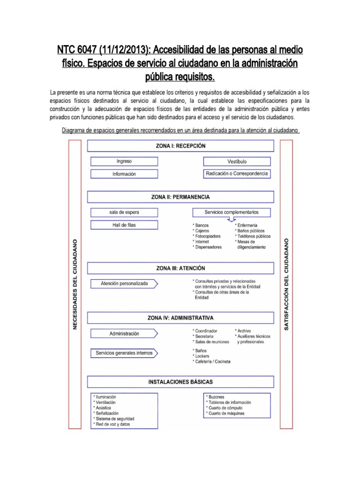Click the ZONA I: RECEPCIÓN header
[180, 146]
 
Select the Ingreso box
[124, 161]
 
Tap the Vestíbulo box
[237, 161]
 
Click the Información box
[124, 174]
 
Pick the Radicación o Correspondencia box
[237, 174]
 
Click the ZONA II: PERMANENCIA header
[180, 197]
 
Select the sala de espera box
[124, 212]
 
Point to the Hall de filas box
[124, 225]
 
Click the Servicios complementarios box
[231, 212]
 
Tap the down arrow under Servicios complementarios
[231, 219]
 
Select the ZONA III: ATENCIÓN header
[180, 268]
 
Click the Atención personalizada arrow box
[124, 284]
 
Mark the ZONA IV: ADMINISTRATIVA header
[180, 317]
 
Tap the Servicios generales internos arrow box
[124, 353]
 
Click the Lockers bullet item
[202, 356]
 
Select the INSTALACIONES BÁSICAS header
[180, 382]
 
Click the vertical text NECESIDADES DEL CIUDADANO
[75, 285]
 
